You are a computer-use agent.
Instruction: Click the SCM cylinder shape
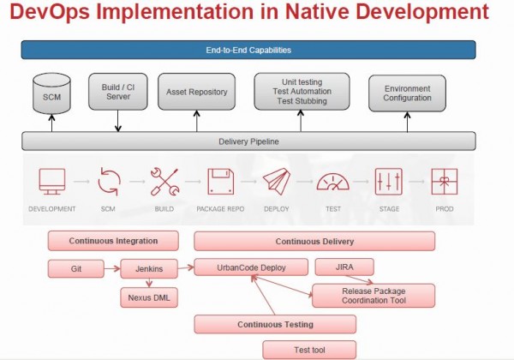pos(51,93)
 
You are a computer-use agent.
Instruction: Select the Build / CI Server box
pos(118,92)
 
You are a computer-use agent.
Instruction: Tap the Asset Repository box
pos(197,92)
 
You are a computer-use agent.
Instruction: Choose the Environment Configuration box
pos(407,93)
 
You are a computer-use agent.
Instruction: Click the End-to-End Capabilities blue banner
pos(248,50)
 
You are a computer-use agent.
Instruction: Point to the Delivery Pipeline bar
pos(248,141)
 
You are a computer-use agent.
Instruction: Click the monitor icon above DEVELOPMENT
pos(52,182)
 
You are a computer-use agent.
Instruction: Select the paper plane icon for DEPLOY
pos(277,182)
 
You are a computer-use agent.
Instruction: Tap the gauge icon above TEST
pos(332,182)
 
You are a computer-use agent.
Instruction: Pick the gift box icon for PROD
pos(444,182)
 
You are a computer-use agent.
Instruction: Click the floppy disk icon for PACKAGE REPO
pos(221,182)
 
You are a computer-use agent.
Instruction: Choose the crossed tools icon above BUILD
pos(164,182)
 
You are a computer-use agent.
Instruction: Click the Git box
pos(76,269)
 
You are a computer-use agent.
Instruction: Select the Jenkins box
pos(149,269)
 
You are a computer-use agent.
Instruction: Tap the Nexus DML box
pos(149,297)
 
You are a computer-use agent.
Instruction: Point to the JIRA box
pos(344,267)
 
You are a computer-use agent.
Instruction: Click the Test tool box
pos(309,350)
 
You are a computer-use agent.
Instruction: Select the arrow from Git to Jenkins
pos(112,269)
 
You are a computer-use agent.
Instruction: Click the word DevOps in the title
pos(50,12)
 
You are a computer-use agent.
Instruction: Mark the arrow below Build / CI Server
pos(118,121)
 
